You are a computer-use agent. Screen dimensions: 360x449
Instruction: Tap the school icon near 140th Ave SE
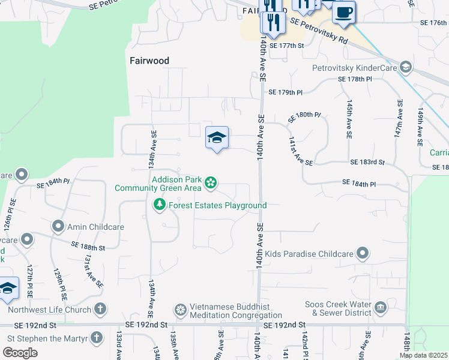pos(217,139)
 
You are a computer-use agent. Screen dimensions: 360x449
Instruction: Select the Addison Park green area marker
pos(211,182)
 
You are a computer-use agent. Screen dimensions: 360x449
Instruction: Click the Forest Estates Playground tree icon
pos(160,205)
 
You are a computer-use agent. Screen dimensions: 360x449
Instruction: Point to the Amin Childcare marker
pos(58,227)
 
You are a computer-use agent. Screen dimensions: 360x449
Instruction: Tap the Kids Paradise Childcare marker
pos(363,254)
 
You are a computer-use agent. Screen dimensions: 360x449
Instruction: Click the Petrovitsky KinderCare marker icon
pos(406,67)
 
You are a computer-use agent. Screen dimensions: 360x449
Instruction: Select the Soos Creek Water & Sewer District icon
pos(381,308)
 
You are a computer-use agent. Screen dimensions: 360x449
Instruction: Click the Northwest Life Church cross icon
pos(100,310)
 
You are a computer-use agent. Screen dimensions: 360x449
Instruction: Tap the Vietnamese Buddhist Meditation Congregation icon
pos(180,310)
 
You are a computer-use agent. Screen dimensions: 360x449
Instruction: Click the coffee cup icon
pos(343,13)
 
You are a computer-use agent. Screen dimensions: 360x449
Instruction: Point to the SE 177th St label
pos(287,45)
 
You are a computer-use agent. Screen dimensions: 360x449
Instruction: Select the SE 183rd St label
pos(367,162)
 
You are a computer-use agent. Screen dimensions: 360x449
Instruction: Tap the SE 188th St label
pos(88,246)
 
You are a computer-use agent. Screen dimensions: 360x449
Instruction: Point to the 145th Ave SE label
pos(349,119)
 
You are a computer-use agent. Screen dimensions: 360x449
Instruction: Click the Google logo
pos(20,352)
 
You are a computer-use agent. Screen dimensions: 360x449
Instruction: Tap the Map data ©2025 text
pos(423,355)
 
